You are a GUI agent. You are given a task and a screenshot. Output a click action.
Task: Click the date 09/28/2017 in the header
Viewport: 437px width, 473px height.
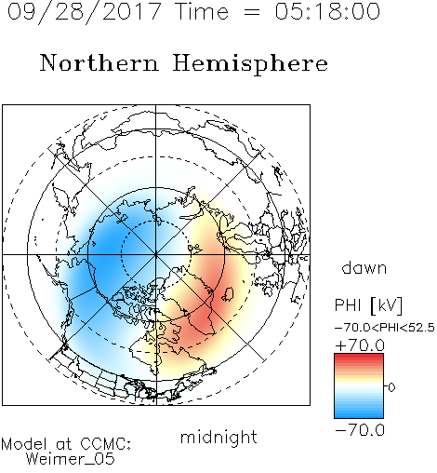pos(84,12)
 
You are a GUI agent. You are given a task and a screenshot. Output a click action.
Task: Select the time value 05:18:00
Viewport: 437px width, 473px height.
pos(327,11)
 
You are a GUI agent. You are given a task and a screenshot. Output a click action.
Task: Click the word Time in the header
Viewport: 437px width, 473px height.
pos(202,11)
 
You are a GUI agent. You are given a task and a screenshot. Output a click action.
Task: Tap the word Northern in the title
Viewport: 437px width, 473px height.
pos(99,63)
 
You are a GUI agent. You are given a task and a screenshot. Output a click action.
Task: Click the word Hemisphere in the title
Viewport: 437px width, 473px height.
pos(250,64)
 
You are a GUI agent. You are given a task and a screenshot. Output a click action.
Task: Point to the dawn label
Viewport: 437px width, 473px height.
pos(364,267)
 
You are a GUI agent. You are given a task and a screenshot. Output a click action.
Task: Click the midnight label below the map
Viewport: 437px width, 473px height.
pos(218,437)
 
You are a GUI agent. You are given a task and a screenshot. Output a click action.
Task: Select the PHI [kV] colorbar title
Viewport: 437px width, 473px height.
pos(368,305)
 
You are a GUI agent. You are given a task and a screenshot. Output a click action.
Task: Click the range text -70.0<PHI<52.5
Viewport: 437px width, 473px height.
pos(385,328)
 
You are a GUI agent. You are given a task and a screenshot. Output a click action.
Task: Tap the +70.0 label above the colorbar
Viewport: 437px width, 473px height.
pos(360,345)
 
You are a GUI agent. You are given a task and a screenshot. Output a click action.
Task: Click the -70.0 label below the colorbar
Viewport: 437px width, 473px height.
pos(360,430)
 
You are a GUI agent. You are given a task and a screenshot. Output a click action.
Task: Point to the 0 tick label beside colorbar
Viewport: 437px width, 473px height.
pos(391,387)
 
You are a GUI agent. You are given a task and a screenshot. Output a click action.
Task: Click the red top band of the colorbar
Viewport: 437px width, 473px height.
pos(359,357)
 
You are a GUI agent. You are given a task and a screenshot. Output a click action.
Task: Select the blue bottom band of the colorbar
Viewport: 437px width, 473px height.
pos(359,414)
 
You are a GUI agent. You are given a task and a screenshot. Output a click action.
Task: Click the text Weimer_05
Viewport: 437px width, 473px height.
pos(71,459)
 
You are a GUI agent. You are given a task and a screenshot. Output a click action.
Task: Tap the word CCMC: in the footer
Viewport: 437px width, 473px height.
pos(105,444)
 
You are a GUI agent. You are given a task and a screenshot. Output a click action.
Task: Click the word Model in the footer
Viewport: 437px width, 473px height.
pos(24,444)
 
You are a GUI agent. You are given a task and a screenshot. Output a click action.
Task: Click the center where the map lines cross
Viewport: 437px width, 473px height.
pos(156,254)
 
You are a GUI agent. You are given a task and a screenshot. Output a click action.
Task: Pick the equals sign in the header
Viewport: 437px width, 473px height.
pos(252,12)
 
